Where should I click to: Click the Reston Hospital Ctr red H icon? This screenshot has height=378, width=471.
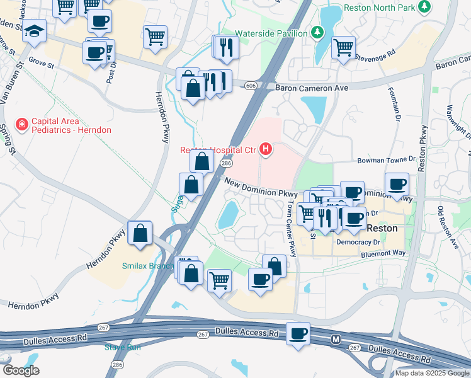tap(266, 149)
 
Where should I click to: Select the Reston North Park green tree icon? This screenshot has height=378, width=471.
tap(426, 7)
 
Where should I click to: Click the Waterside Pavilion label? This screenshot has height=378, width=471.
tap(271, 33)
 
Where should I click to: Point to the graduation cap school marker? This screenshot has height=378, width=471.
tap(33, 31)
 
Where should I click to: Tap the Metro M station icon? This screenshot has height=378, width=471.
tap(336, 340)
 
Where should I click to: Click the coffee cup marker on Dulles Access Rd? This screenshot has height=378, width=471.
tap(298, 333)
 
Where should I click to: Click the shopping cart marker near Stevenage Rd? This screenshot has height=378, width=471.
tap(343, 47)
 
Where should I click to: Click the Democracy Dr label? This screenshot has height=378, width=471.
tap(360, 242)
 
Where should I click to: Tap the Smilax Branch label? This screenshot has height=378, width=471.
tap(148, 266)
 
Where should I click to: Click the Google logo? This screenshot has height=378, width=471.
tap(21, 370)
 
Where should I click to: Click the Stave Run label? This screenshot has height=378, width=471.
tap(123, 346)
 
